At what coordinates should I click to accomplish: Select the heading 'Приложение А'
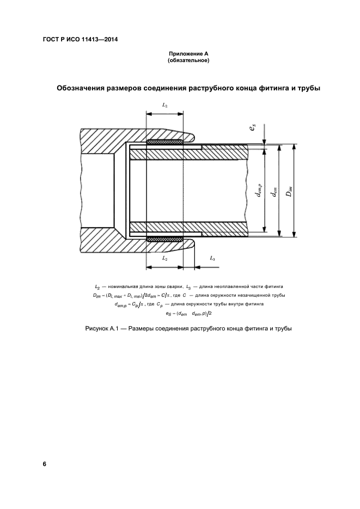pos(188,53)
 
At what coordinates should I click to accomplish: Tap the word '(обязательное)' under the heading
pos(188,60)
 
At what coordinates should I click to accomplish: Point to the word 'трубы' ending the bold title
pos(308,88)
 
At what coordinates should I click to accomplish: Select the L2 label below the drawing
pos(164,260)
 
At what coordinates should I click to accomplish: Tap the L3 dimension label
pos(212,260)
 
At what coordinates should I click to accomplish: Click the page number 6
pos(45,464)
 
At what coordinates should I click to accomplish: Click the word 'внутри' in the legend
pos(223,304)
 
